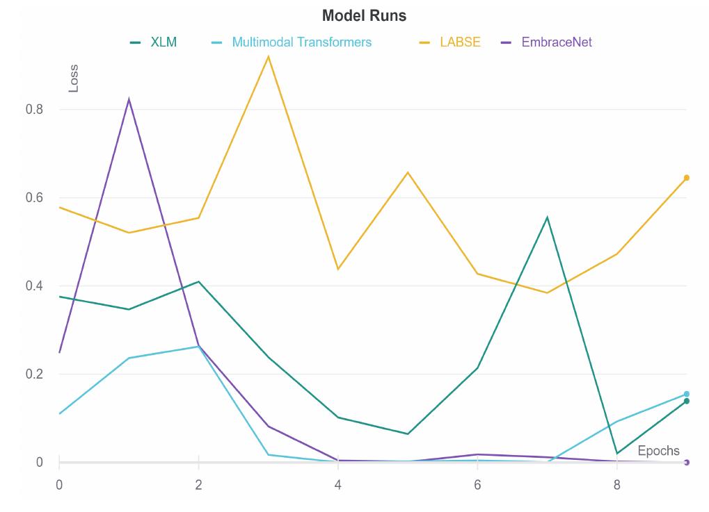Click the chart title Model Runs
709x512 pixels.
pyautogui.click(x=364, y=15)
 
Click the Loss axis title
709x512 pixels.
pyautogui.click(x=74, y=79)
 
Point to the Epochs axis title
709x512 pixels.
pyautogui.click(x=658, y=451)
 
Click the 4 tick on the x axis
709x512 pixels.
pyautogui.click(x=338, y=484)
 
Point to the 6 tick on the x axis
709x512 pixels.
pyautogui.click(x=477, y=484)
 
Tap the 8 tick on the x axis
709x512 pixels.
pyautogui.click(x=617, y=484)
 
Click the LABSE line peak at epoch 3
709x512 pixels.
pyautogui.click(x=269, y=56)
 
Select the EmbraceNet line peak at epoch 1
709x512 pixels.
pyautogui.click(x=129, y=99)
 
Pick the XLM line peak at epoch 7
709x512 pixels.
pyautogui.click(x=548, y=217)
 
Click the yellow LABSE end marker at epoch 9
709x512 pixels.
pyautogui.click(x=687, y=178)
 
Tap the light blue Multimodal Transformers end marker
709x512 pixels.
pyautogui.click(x=687, y=394)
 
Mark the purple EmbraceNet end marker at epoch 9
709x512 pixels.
pyautogui.click(x=687, y=462)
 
